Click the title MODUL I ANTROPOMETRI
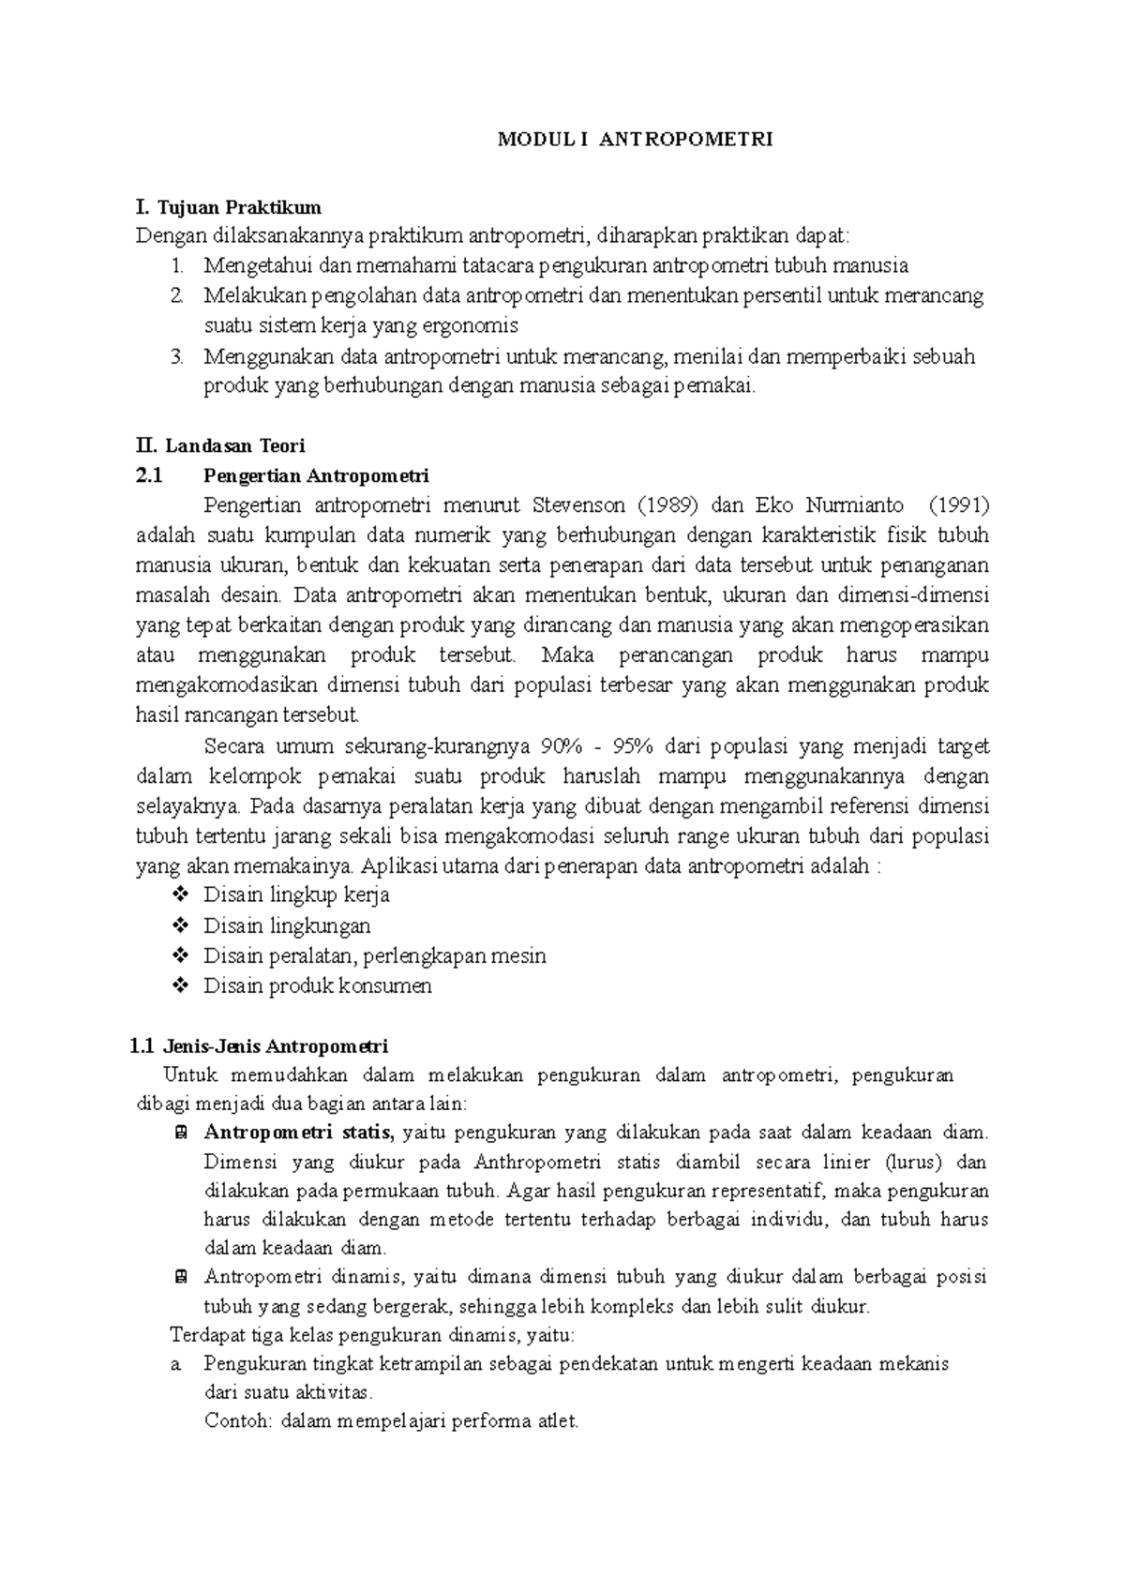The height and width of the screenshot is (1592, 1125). coord(635,141)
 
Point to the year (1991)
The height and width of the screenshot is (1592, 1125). coord(958,506)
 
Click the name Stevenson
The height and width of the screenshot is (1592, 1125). coord(578,506)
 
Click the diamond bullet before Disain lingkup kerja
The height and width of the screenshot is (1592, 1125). coord(180,895)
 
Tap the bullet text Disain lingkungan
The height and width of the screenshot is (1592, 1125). coord(287,926)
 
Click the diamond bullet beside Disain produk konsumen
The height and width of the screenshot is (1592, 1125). coord(180,986)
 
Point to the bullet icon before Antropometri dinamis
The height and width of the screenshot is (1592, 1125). coord(180,1277)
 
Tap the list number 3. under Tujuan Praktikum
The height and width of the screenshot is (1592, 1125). coord(178,357)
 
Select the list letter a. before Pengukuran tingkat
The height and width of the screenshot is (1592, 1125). coord(176,1364)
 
